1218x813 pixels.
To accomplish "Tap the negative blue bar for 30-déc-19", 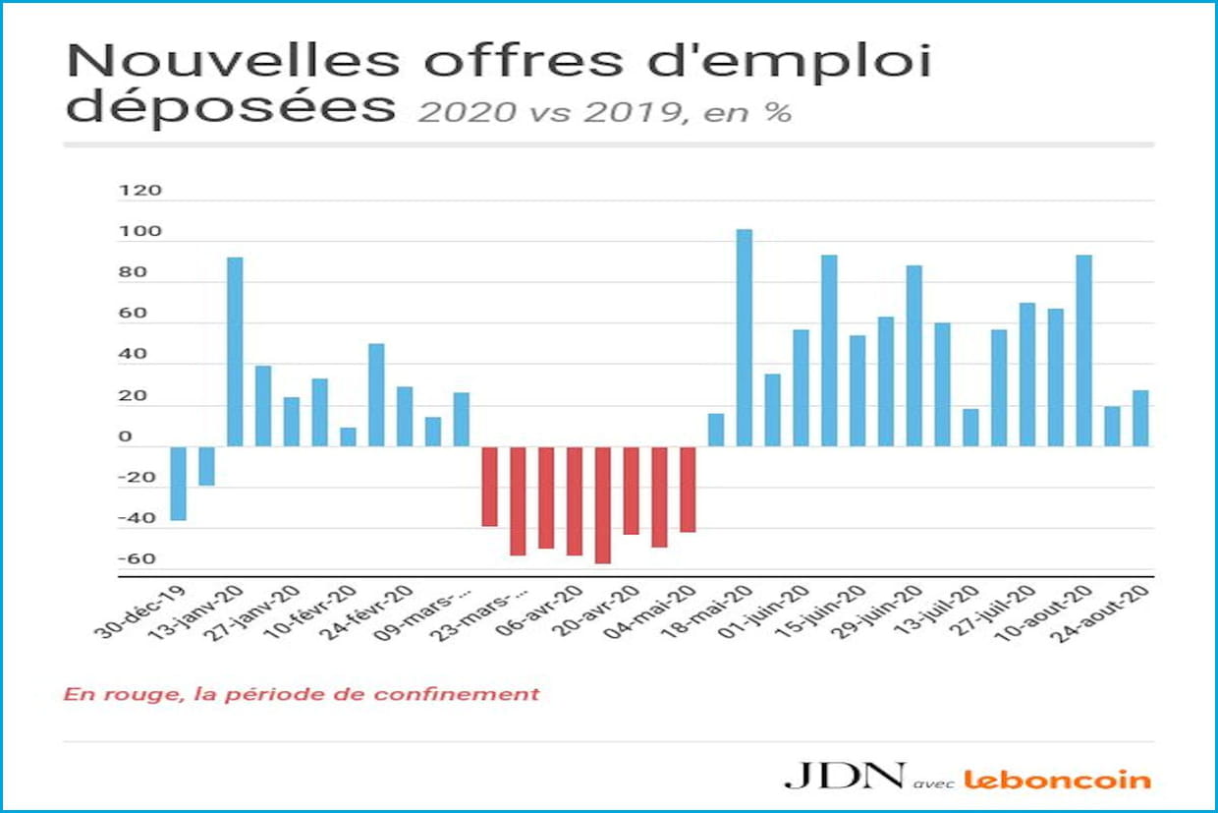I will pyautogui.click(x=178, y=483).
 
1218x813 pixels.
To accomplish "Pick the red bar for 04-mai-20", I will pyautogui.click(x=688, y=489).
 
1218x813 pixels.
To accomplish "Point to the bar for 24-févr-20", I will pyautogui.click(x=376, y=394).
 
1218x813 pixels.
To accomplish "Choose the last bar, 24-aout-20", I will pyautogui.click(x=1140, y=418).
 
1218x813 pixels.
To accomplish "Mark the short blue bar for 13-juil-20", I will pyautogui.click(x=970, y=427).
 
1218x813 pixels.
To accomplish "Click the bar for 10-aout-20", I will pyautogui.click(x=1083, y=350).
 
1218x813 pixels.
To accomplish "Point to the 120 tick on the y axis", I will pyautogui.click(x=138, y=191).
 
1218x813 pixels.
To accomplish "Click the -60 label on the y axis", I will pyautogui.click(x=138, y=559).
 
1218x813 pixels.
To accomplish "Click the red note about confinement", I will pyautogui.click(x=302, y=694).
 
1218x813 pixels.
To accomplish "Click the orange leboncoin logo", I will pyautogui.click(x=1057, y=780).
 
